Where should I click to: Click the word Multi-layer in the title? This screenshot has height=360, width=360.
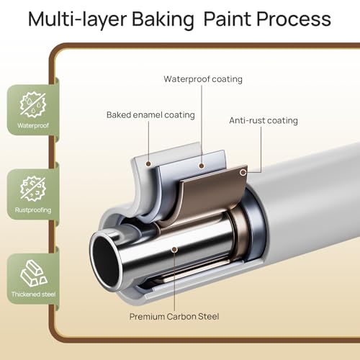point(77,19)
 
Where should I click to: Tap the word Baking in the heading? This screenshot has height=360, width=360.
point(163,19)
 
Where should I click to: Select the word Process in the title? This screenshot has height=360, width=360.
point(294,19)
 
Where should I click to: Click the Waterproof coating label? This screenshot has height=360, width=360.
point(203,79)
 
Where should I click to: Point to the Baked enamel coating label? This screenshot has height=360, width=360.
point(150,115)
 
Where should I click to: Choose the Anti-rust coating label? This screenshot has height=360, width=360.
point(264,120)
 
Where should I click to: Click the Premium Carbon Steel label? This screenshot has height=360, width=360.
point(174,316)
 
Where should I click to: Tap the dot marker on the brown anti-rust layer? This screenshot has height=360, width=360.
point(243,172)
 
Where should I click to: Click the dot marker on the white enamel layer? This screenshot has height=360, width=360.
point(148,164)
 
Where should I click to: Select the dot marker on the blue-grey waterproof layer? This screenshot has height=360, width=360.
point(202,166)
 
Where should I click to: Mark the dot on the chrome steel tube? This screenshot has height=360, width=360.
point(175,250)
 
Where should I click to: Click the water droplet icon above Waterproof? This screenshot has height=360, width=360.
point(33,104)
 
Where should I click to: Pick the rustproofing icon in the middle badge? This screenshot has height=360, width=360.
point(33,189)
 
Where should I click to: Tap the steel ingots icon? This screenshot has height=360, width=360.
point(34,273)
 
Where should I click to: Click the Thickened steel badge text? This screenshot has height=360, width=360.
point(33,294)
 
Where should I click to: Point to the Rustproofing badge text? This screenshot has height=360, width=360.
point(33,210)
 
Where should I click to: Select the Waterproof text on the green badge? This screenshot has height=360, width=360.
point(33,125)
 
